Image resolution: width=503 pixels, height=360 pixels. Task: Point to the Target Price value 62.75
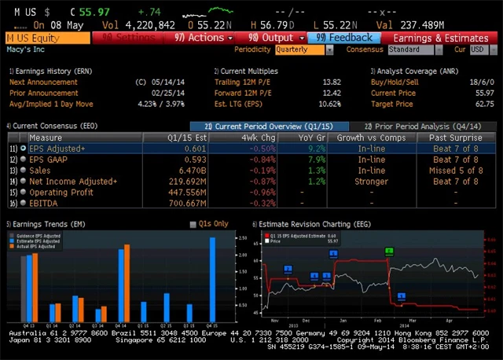point(485,104)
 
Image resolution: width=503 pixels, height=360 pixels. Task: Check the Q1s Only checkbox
point(193,224)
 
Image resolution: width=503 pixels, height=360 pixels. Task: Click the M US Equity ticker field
point(46,38)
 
